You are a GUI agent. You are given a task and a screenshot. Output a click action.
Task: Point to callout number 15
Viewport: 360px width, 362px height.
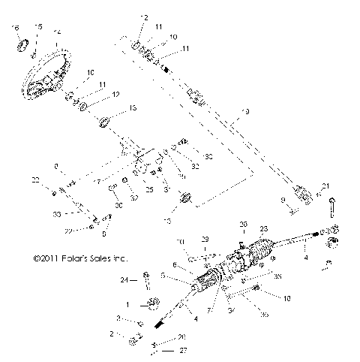[x=38, y=27]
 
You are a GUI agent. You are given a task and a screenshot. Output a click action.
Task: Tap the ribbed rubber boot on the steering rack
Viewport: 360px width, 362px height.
[x=262, y=251]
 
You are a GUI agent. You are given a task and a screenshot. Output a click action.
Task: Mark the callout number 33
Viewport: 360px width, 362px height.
[x=57, y=214]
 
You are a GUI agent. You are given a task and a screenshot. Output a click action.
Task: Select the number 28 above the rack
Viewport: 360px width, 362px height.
[x=242, y=224]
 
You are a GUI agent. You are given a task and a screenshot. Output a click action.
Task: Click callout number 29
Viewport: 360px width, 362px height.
[x=205, y=238]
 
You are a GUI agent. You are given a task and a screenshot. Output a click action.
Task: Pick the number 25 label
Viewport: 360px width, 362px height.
[x=149, y=190]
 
